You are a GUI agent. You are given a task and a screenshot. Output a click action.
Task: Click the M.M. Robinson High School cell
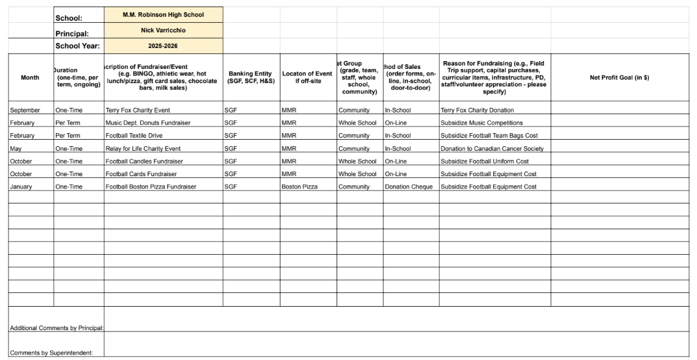163,15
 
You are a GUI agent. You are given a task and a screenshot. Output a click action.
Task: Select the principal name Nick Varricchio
163,31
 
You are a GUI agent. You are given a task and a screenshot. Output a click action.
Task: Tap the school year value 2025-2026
163,46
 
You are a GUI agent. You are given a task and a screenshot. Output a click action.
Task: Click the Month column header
30,77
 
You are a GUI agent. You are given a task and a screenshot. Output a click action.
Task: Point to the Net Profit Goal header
619,77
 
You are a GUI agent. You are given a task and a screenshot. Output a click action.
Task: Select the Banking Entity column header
251,77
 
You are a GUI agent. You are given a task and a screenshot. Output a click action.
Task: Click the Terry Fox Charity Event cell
138,110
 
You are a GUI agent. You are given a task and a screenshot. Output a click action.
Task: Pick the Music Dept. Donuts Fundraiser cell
147,123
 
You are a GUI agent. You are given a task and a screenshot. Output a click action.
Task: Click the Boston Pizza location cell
299,186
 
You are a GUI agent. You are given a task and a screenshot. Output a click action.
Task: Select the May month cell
16,149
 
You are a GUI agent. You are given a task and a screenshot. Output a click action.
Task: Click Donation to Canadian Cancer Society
492,149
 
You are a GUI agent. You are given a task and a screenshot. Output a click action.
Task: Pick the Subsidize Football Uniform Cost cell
485,161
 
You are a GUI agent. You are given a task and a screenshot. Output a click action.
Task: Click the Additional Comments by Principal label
57,328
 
